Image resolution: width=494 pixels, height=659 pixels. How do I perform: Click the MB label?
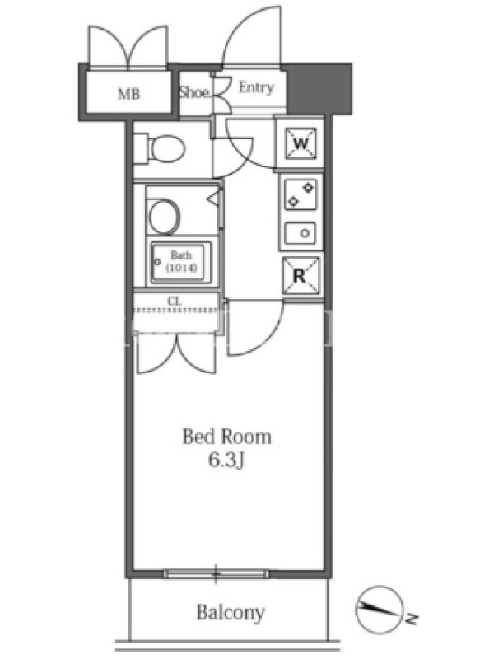pyautogui.click(x=128, y=94)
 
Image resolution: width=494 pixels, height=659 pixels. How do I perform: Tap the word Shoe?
pyautogui.click(x=194, y=92)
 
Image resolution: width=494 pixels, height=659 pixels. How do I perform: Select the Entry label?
pyautogui.click(x=256, y=87)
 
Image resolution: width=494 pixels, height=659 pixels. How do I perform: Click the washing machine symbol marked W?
pyautogui.click(x=301, y=143)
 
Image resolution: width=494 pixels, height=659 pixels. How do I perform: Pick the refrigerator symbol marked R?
pyautogui.click(x=301, y=276)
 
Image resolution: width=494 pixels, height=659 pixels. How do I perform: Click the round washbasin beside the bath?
pyautogui.click(x=164, y=217)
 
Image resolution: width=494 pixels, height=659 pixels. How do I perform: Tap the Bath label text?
pyautogui.click(x=181, y=255)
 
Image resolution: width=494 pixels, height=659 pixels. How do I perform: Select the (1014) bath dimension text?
pyautogui.click(x=181, y=268)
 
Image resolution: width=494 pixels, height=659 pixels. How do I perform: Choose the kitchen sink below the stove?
pyautogui.click(x=300, y=233)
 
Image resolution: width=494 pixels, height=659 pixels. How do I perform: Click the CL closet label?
pyautogui.click(x=175, y=301)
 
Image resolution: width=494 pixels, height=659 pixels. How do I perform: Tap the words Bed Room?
pyautogui.click(x=227, y=437)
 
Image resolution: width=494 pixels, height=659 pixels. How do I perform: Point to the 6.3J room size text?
pyautogui.click(x=227, y=460)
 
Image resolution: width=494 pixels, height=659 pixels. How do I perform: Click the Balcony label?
pyautogui.click(x=231, y=612)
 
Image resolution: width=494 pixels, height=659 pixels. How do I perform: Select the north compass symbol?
pyautogui.click(x=380, y=610)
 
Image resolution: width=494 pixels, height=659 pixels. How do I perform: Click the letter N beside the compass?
pyautogui.click(x=413, y=619)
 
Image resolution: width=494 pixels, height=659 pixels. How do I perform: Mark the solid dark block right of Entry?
pyautogui.click(x=319, y=89)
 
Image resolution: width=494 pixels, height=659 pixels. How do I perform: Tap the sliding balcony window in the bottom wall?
pyautogui.click(x=216, y=573)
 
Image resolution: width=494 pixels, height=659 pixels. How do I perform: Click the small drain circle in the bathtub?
pyautogui.click(x=157, y=262)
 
